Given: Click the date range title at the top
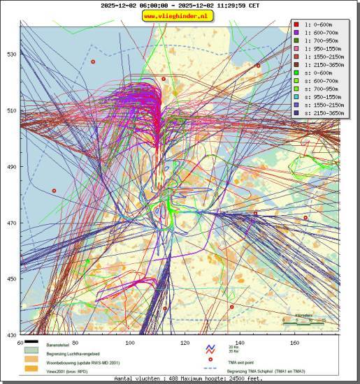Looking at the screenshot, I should [x=180, y=5].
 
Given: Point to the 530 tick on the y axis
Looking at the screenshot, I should [x=11, y=54].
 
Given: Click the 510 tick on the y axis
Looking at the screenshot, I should [x=11, y=110].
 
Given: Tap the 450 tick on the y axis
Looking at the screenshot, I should [x=11, y=279].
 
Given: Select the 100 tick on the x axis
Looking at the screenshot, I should [x=129, y=343].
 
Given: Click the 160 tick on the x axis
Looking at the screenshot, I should [x=294, y=343].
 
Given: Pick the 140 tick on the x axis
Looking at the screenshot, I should [x=240, y=343].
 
